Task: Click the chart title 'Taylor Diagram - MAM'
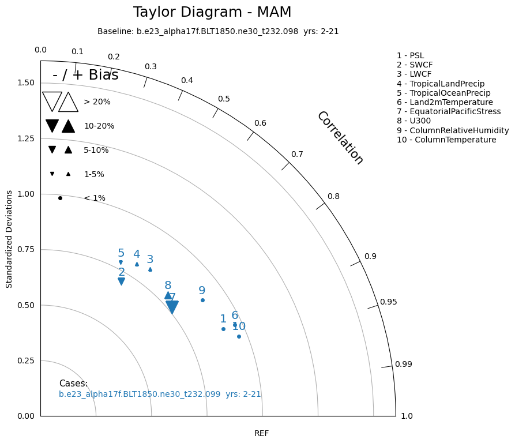(x=212, y=12)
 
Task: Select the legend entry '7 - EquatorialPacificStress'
(x=449, y=111)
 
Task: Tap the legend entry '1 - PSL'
(x=410, y=56)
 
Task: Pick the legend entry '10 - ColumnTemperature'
(x=446, y=140)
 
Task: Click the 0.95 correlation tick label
(x=388, y=302)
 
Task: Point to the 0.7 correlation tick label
(x=297, y=154)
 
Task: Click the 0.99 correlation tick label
(x=403, y=364)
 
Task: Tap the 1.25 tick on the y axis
(x=25, y=138)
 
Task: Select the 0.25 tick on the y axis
(x=25, y=361)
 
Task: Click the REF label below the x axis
(x=261, y=433)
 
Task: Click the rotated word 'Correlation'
(x=340, y=138)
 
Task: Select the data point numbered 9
(x=202, y=300)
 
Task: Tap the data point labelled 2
(x=121, y=281)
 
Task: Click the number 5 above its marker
(x=121, y=253)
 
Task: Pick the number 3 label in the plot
(x=150, y=260)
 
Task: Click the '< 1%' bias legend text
(x=95, y=198)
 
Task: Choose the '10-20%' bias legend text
(x=99, y=126)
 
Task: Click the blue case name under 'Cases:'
(x=160, y=395)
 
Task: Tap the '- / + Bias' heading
(x=85, y=75)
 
